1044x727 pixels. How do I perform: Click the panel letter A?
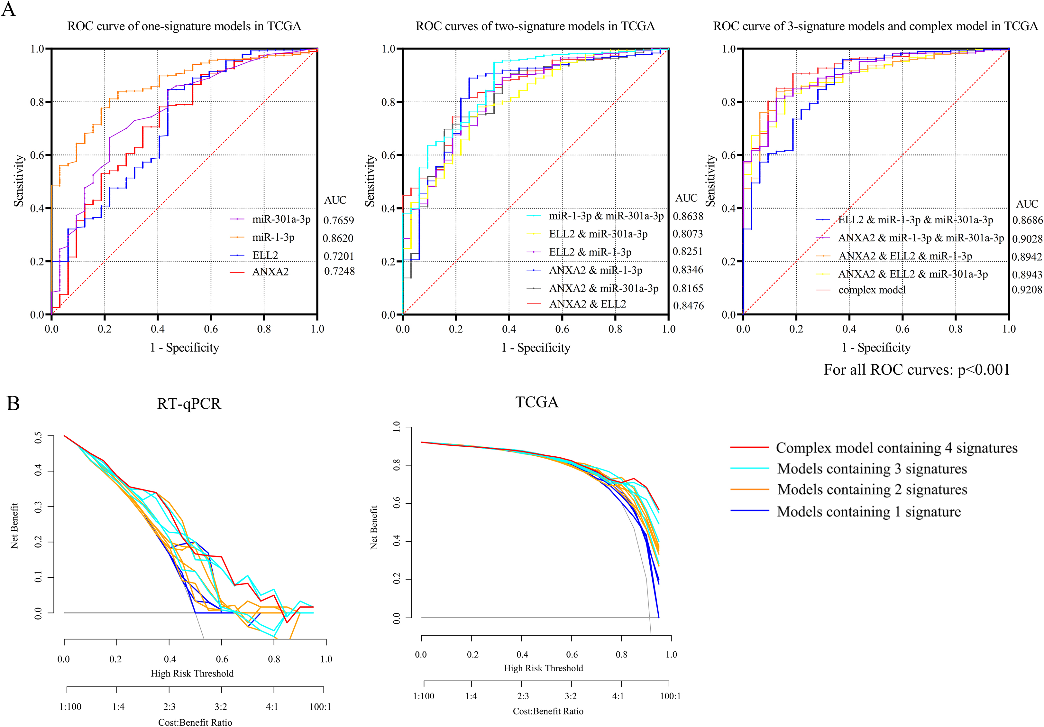coord(9,9)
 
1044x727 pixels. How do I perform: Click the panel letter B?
coord(13,403)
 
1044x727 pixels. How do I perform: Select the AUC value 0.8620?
coord(338,238)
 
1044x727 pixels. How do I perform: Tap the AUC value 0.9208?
coord(1027,289)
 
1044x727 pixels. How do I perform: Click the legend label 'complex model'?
coord(872,290)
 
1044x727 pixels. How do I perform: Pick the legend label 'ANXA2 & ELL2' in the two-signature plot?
coord(588,304)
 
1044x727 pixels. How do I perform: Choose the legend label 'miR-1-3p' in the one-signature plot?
coord(273,238)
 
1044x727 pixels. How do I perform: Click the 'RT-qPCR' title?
coord(189,404)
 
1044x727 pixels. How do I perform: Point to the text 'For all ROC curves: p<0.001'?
coord(917,369)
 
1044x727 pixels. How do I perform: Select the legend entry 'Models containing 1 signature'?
coord(869,511)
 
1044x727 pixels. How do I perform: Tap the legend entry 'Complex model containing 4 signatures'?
coord(897,448)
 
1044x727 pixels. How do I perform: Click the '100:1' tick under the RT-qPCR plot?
coord(320,706)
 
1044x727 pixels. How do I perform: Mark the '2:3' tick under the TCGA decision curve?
coord(523,696)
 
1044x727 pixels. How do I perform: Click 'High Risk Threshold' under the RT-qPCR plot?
coord(192,673)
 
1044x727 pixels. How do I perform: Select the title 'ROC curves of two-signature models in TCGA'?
coord(535,26)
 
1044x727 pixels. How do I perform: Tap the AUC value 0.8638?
coord(688,216)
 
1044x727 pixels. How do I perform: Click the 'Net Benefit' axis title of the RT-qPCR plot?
coord(14,526)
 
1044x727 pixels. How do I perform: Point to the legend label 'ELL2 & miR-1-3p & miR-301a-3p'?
coord(916,220)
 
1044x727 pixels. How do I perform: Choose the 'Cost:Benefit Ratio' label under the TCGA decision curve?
coord(548,711)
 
